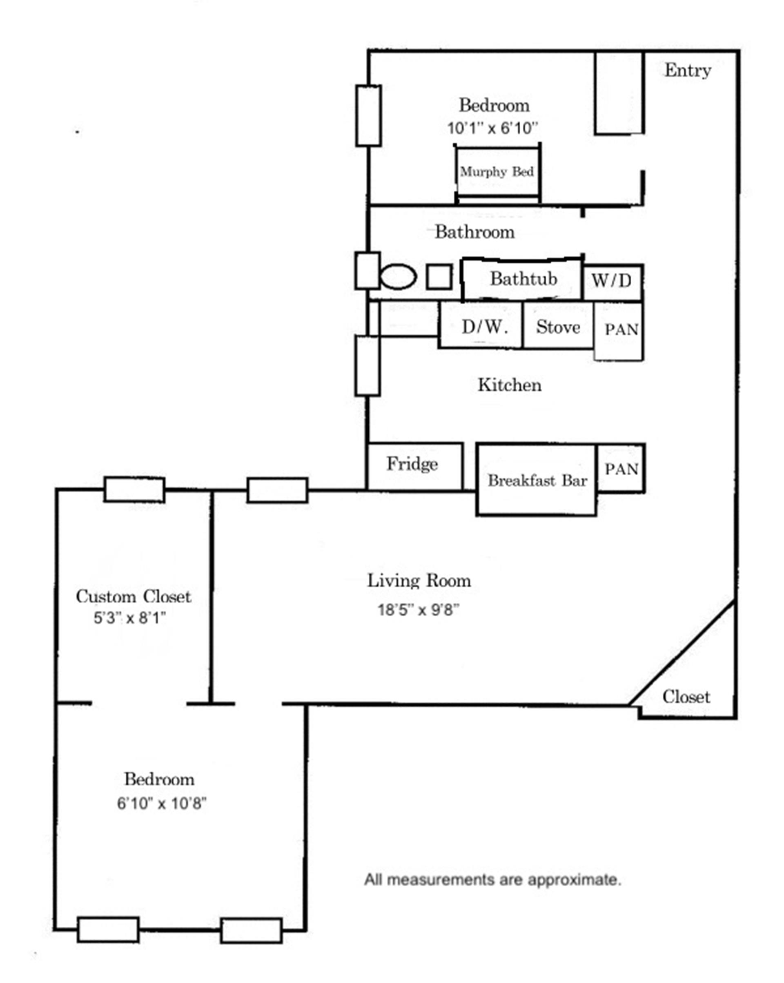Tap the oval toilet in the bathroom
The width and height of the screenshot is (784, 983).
[398, 277]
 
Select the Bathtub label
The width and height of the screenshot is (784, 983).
[523, 279]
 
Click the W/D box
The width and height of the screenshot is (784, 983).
[612, 281]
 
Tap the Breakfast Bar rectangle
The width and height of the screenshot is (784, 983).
[537, 480]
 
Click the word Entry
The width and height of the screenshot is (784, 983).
[687, 70]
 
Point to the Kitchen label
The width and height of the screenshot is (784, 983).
[509, 385]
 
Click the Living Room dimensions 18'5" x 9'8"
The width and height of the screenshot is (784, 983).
[418, 610]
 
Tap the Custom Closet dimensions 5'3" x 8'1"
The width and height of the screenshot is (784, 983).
[129, 618]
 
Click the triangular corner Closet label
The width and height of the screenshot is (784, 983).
[686, 697]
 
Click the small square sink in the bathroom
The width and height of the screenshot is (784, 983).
[439, 277]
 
